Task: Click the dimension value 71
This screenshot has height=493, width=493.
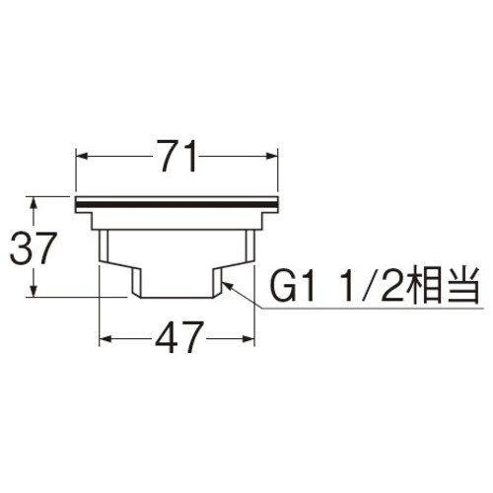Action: tap(178, 155)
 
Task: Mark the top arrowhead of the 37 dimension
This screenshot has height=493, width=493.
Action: tap(35, 201)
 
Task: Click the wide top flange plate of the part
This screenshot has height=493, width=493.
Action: tap(177, 203)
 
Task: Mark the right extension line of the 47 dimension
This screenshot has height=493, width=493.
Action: tap(255, 316)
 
